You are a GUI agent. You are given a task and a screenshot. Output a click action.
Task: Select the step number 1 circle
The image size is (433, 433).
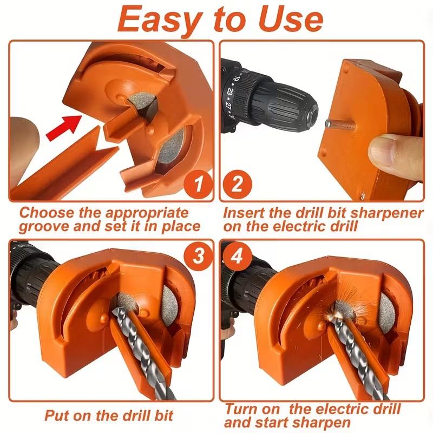[x=198, y=186]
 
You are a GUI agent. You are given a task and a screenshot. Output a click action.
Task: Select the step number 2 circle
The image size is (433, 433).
[x=237, y=186]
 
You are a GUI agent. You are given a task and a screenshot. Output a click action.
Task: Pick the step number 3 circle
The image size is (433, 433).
[x=198, y=254]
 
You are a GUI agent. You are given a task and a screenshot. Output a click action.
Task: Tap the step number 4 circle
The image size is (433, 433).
[x=237, y=254]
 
